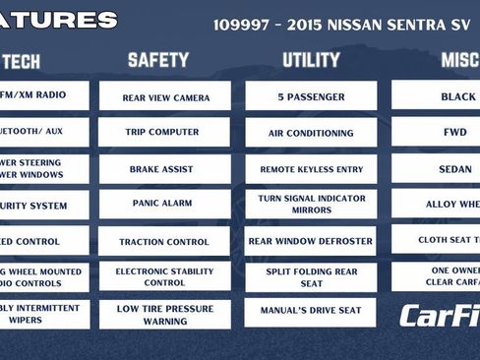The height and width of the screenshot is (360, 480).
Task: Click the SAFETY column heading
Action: click(x=157, y=60)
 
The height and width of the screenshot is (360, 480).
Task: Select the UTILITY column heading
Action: click(x=311, y=60)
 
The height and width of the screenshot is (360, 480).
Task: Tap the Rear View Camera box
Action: click(x=165, y=97)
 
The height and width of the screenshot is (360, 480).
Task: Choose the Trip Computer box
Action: click(x=162, y=132)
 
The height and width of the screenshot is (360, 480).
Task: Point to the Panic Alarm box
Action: click(x=162, y=204)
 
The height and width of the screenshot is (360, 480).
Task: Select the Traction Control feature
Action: click(x=164, y=241)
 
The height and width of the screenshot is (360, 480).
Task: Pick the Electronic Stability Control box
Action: click(x=164, y=276)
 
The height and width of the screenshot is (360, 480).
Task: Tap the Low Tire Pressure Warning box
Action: click(x=164, y=314)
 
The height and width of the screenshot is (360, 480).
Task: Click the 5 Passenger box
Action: click(x=310, y=96)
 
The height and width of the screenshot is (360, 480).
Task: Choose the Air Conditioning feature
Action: click(x=311, y=133)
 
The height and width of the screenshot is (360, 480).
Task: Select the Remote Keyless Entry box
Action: click(x=311, y=169)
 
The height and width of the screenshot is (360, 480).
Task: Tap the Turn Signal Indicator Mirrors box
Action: click(x=311, y=204)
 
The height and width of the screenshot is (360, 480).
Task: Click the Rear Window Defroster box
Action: click(x=311, y=240)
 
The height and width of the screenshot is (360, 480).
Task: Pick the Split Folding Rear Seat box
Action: click(x=311, y=277)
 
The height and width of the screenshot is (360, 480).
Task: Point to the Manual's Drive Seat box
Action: click(x=311, y=311)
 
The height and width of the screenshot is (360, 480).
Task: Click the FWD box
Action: click(x=455, y=133)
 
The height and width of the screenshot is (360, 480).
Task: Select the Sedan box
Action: click(x=455, y=169)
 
